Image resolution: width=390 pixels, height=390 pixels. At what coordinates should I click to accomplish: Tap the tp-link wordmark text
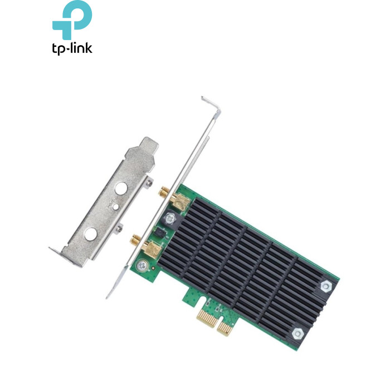[x=72, y=48]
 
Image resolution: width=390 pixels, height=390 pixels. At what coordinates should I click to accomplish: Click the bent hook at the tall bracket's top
[x=211, y=105]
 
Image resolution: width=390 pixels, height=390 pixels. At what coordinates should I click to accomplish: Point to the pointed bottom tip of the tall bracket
[x=107, y=297]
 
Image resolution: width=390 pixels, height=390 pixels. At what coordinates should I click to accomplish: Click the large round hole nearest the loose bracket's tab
[x=121, y=188]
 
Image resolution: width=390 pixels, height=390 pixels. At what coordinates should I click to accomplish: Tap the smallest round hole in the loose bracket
[x=116, y=207]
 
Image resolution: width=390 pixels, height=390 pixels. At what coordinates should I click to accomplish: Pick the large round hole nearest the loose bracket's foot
[x=90, y=235]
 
